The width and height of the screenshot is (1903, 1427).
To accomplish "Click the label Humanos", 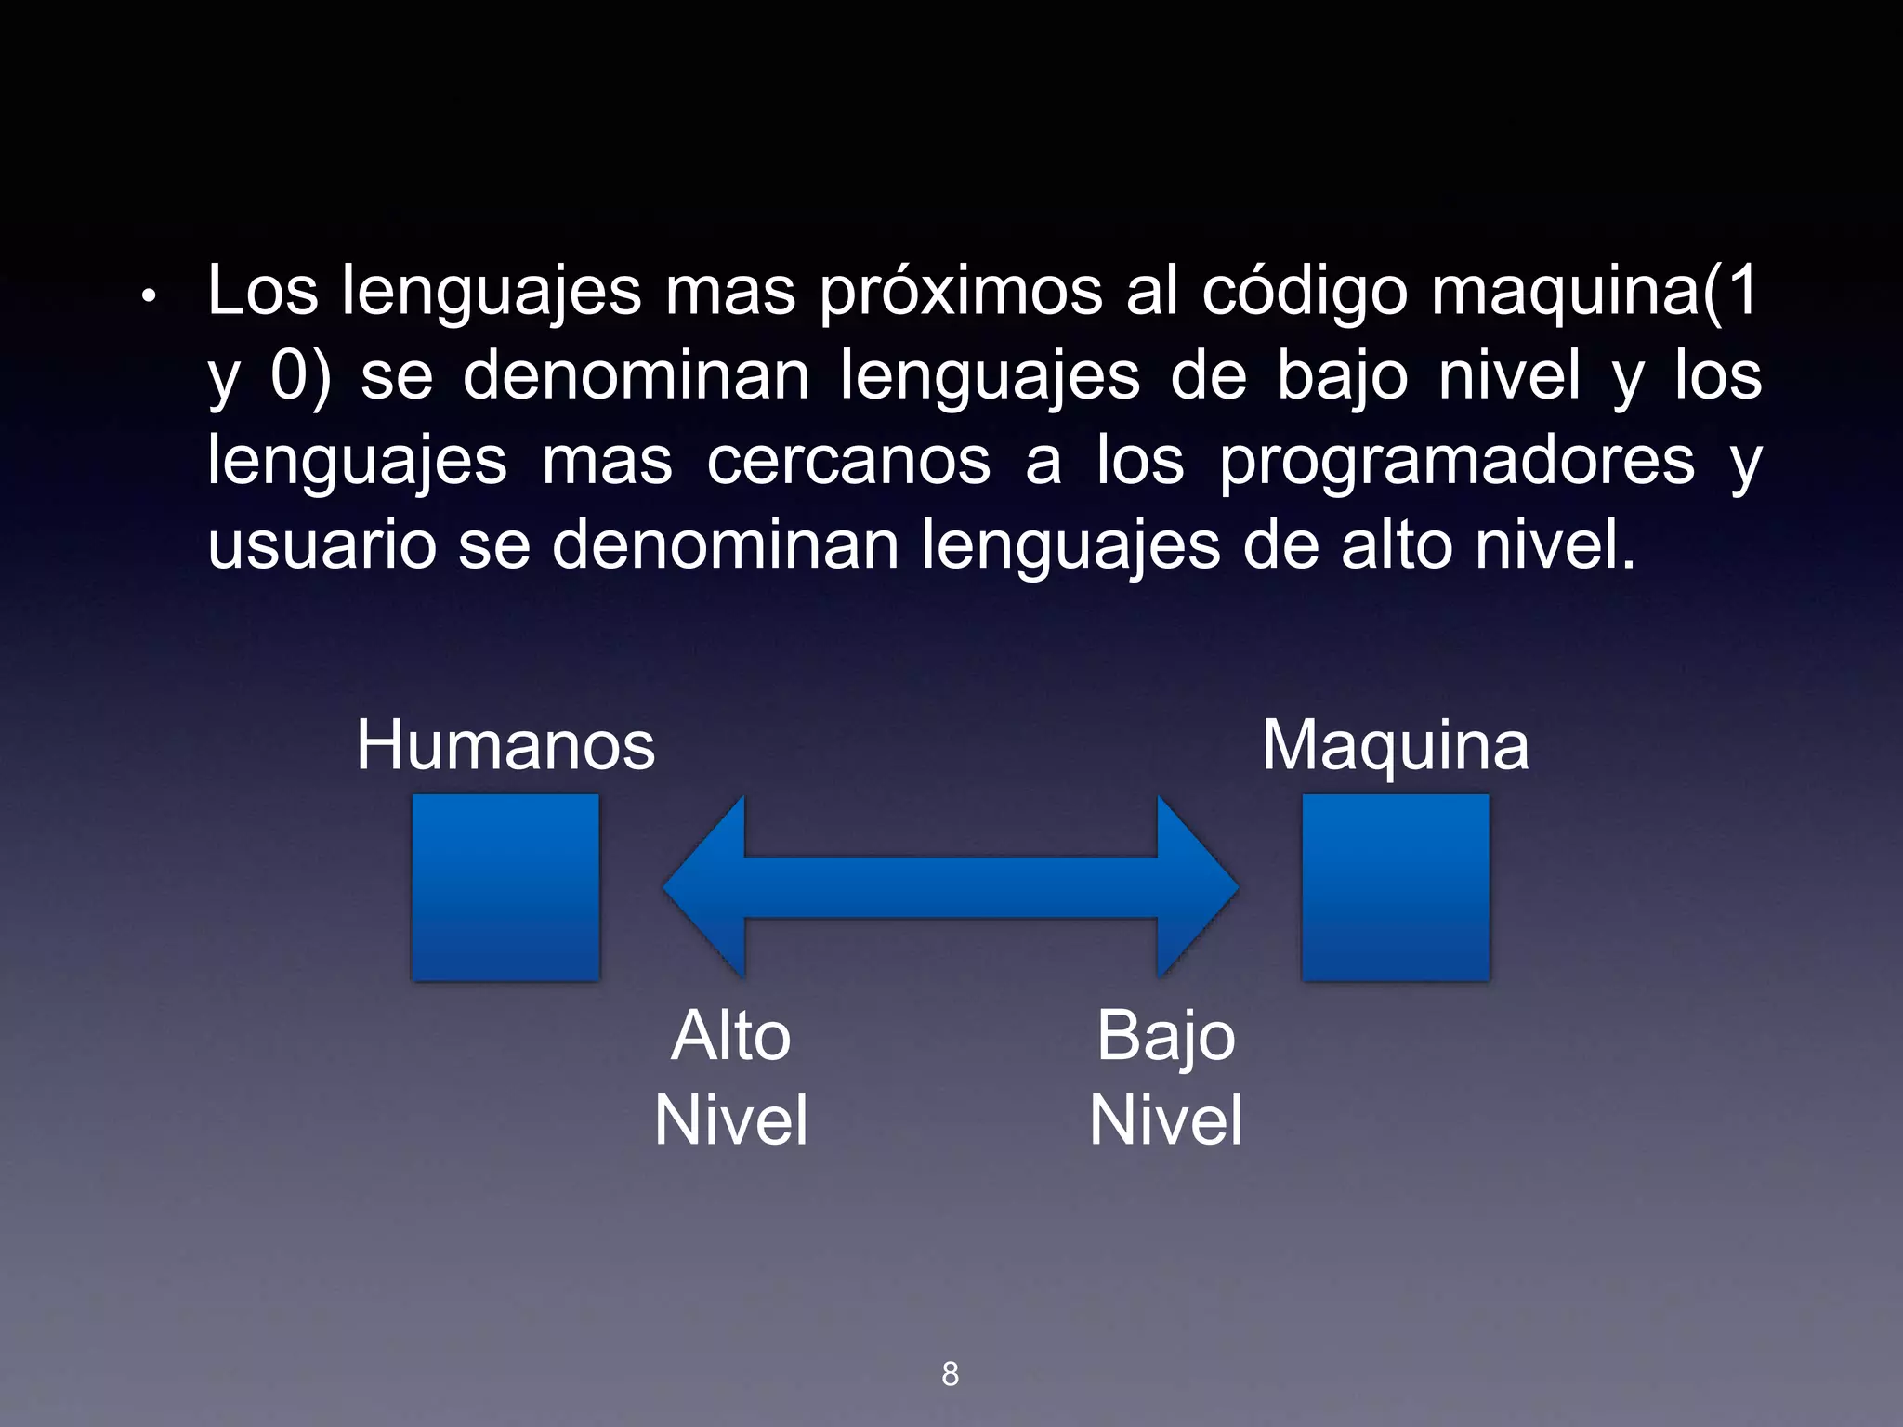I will tap(505, 745).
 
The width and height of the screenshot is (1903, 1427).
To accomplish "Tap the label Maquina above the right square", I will tap(1395, 745).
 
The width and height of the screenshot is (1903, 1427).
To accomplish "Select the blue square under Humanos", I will tap(505, 886).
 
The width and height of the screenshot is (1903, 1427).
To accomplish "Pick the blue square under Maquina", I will tap(1395, 886).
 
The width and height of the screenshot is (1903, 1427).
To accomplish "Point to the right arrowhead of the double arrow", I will tap(1197, 886).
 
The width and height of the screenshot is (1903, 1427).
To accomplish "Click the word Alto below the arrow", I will tap(731, 1036).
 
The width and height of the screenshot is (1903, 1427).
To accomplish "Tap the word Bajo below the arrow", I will tap(1165, 1036).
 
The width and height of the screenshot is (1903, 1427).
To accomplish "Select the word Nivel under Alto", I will tap(731, 1120).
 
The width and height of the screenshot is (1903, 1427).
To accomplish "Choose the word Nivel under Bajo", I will tap(1165, 1120).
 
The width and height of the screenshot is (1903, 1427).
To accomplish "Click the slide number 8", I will tap(950, 1374).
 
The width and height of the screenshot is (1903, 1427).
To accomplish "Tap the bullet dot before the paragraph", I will tap(148, 297).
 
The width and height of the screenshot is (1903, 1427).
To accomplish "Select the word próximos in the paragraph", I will tap(961, 292).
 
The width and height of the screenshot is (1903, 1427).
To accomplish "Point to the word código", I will tap(1305, 292).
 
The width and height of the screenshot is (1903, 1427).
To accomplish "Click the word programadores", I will tap(1457, 461).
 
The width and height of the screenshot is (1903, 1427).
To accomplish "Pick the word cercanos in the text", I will tap(848, 461).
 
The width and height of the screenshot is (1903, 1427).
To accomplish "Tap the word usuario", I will tap(322, 545).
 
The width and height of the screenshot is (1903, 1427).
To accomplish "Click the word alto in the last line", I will tap(1396, 545).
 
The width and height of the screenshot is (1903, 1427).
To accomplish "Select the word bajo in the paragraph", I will tap(1342, 376).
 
